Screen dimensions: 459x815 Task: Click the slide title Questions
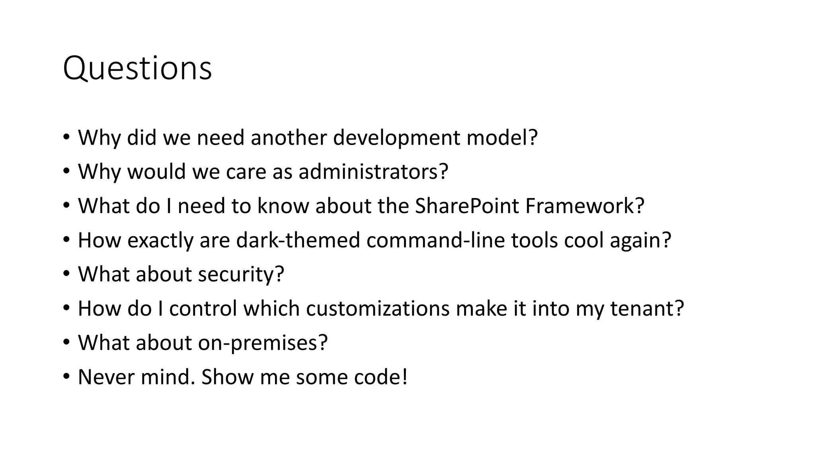[137, 69]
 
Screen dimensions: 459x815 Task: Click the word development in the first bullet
[396, 138]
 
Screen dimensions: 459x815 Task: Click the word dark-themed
[298, 240]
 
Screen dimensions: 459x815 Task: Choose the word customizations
[377, 309]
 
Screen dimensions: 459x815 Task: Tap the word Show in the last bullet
[227, 377]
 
